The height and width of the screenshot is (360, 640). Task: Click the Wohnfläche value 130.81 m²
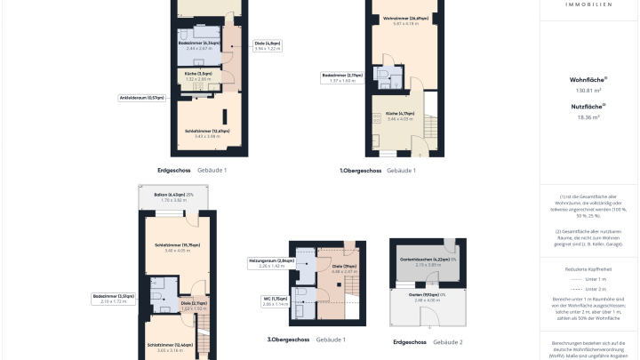pos(588,91)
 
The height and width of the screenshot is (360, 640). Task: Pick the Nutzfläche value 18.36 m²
pos(588,116)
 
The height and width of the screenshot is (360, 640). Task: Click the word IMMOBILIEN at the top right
pos(588,4)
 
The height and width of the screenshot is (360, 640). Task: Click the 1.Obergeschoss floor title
pos(360,170)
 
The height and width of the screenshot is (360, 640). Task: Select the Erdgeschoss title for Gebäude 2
pos(410,342)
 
